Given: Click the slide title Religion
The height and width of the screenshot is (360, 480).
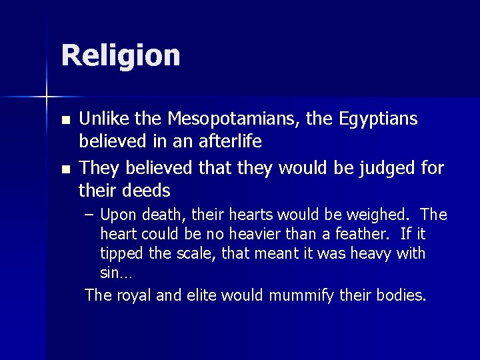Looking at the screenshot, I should [121, 55].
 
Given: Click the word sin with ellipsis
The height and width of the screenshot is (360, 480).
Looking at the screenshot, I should [116, 274].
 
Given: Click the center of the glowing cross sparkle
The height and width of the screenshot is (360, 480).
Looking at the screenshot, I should [47, 97].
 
